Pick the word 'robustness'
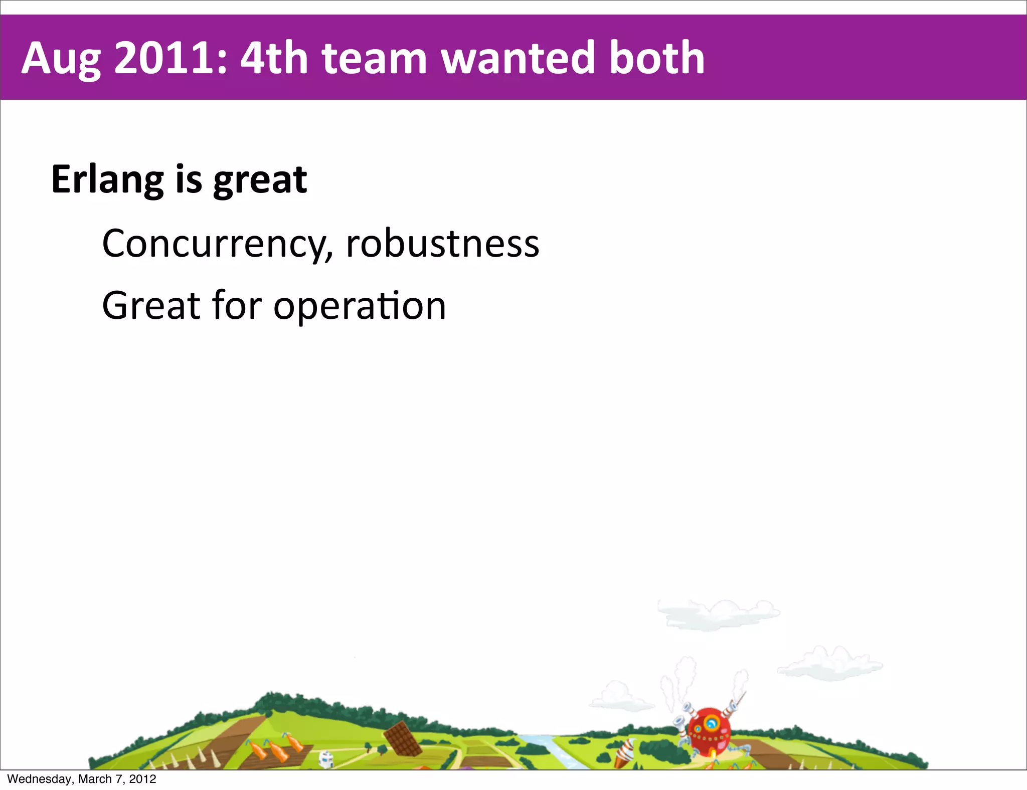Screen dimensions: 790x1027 [443, 244]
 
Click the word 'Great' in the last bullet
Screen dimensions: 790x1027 [151, 306]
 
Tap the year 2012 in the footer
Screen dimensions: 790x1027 [142, 779]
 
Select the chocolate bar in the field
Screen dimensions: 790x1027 [402, 738]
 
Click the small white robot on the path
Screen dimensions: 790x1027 [326, 759]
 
